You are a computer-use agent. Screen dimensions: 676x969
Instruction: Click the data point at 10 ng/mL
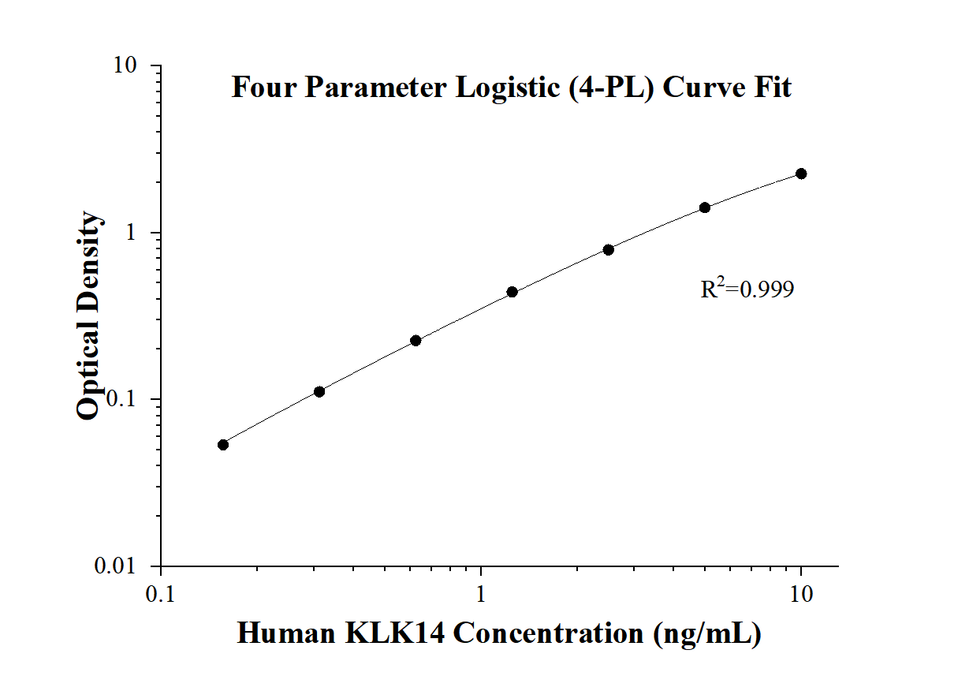pos(801,174)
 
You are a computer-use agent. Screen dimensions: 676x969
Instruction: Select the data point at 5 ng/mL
pos(705,207)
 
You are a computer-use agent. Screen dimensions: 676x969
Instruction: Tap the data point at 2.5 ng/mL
pos(609,249)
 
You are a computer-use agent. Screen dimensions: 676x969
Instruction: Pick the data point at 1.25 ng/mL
pos(512,292)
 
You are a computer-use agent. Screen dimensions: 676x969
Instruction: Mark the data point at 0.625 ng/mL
pos(416,341)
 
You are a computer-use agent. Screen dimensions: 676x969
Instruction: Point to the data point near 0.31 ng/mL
pos(319,391)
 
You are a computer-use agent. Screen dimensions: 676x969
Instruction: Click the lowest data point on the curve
pos(223,445)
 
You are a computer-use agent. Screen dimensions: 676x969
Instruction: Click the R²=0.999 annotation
pos(747,289)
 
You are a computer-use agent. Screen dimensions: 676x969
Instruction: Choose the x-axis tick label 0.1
pos(161,593)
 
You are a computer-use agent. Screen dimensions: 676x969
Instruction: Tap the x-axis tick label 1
pos(481,593)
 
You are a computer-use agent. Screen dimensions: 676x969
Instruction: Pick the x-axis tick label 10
pos(802,593)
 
